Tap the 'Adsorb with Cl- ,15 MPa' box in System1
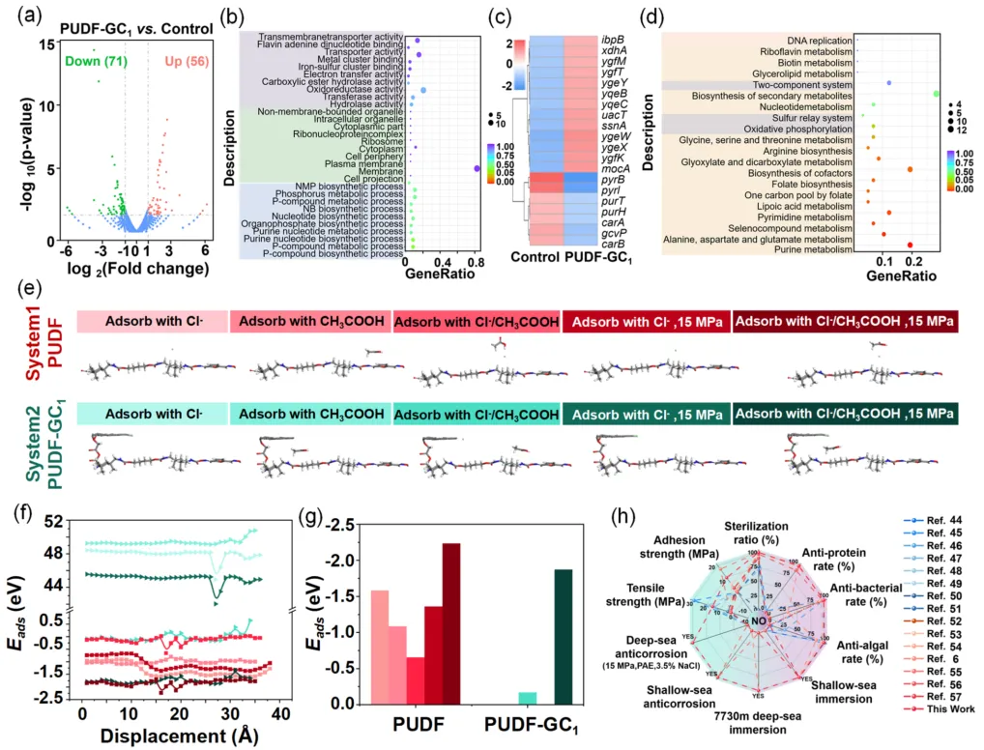click(645, 322)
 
